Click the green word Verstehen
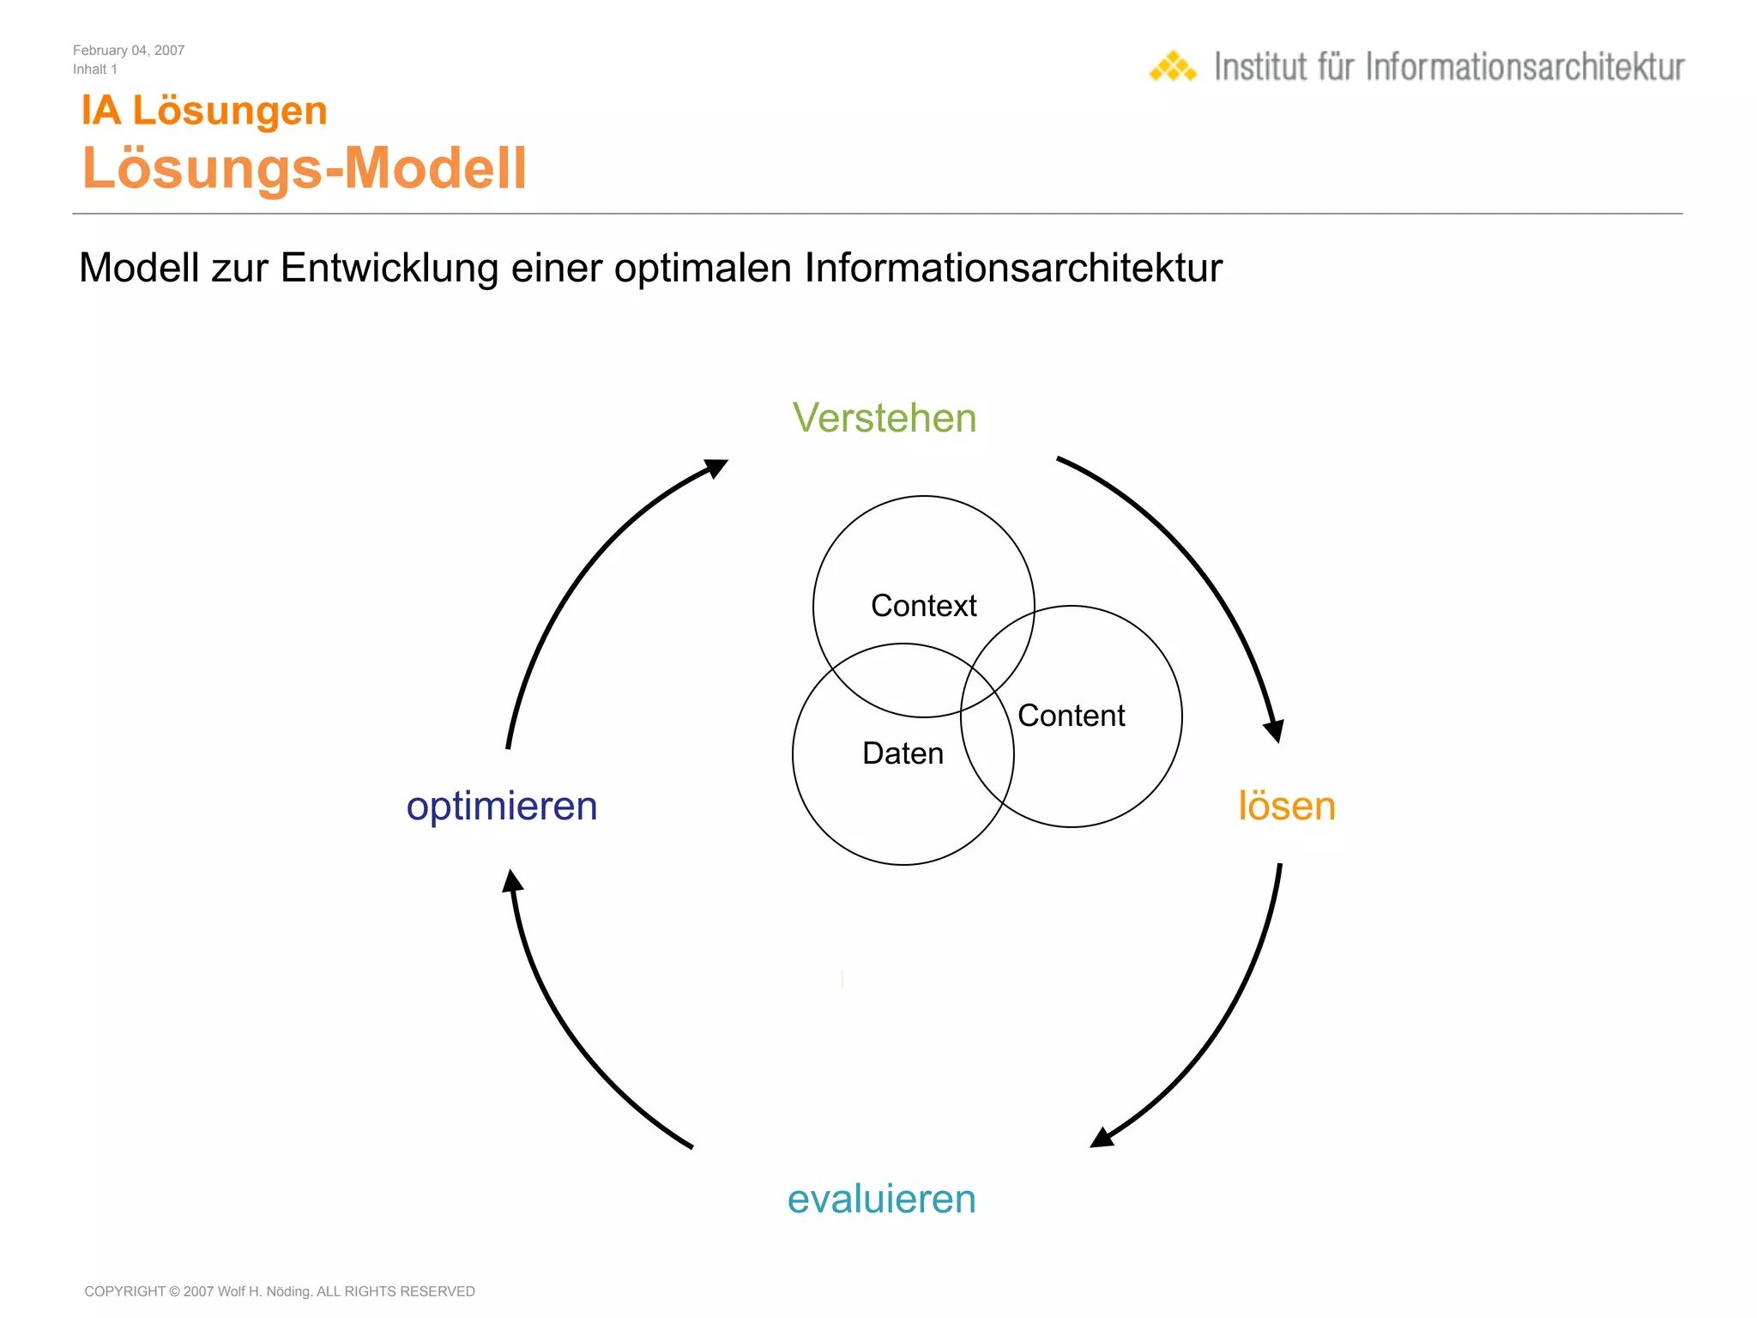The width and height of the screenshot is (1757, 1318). click(x=884, y=419)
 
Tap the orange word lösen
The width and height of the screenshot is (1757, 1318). click(x=1286, y=807)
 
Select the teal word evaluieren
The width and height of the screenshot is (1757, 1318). click(x=881, y=1199)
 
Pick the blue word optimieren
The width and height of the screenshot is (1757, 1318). click(x=502, y=807)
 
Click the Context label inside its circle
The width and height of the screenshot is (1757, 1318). click(x=923, y=606)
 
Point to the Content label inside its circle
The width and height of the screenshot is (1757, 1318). click(x=1071, y=716)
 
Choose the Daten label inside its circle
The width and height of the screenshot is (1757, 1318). click(x=903, y=753)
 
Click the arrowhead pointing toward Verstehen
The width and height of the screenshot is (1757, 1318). click(x=715, y=469)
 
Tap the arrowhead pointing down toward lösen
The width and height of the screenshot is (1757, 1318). click(x=1275, y=729)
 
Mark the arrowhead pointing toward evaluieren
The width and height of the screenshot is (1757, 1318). click(x=1102, y=1137)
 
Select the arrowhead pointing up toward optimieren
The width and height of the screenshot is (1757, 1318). click(x=512, y=882)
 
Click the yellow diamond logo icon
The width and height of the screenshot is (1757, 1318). click(x=1173, y=67)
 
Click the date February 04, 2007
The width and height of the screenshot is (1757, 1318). click(x=129, y=51)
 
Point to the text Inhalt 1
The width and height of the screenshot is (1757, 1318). click(x=95, y=70)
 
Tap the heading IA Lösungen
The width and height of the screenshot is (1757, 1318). click(x=204, y=111)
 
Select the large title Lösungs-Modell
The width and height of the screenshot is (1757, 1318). click(x=305, y=167)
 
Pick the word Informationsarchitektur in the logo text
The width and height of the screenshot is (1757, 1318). click(x=1525, y=67)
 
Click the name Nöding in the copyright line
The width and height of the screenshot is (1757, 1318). click(x=289, y=1291)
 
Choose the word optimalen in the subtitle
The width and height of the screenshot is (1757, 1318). click(x=703, y=268)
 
